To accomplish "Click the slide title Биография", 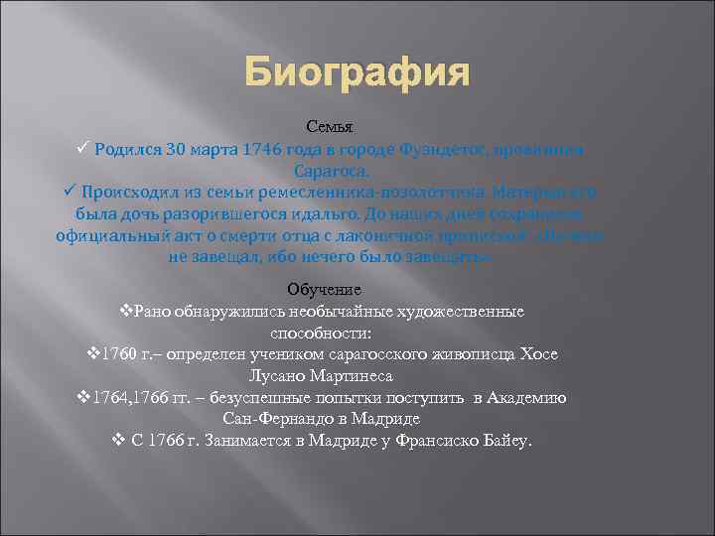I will pyautogui.click(x=356, y=73).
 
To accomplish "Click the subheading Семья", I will pyautogui.click(x=328, y=128).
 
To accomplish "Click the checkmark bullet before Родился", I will pyautogui.click(x=84, y=149).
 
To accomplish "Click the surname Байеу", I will pyautogui.click(x=508, y=441).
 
